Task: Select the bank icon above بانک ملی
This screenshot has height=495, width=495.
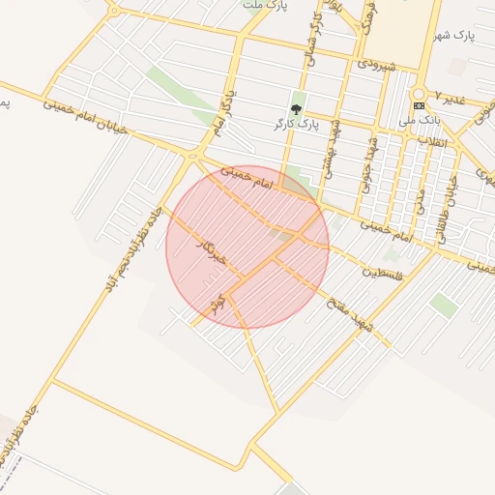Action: click(x=419, y=105)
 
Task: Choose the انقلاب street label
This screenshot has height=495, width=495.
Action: click(x=431, y=141)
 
